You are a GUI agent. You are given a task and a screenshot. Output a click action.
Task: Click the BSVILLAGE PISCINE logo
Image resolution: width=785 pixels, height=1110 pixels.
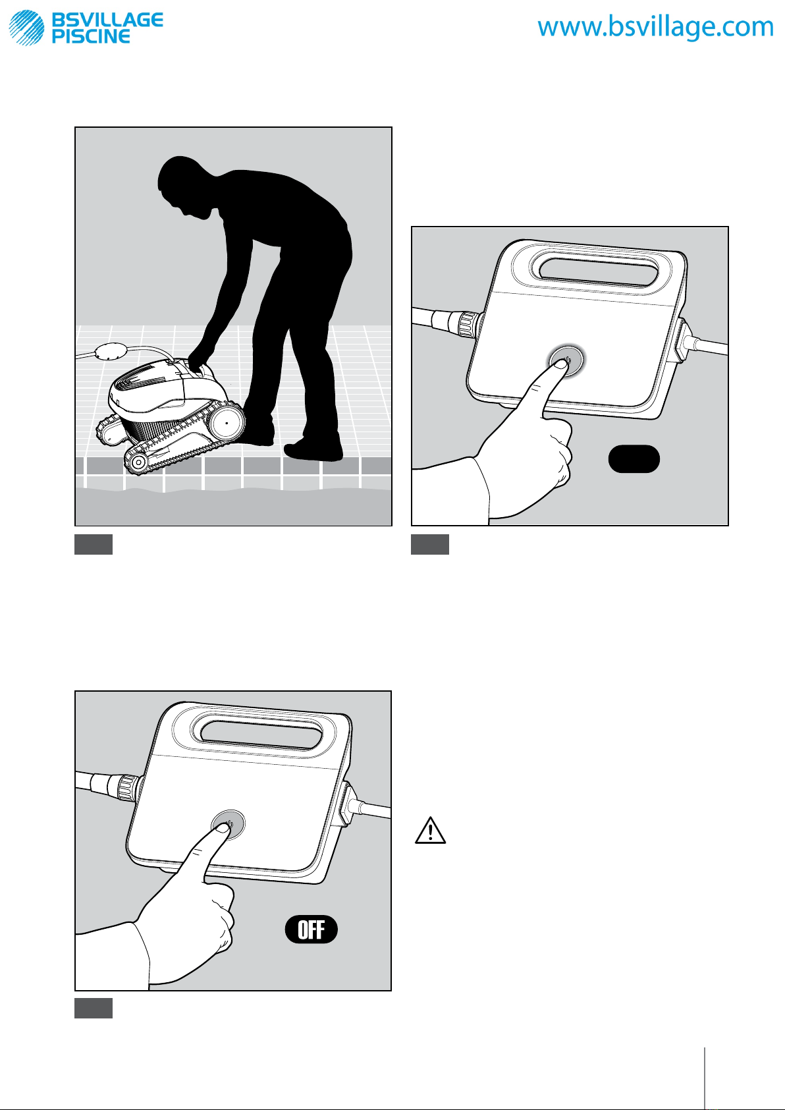[86, 27]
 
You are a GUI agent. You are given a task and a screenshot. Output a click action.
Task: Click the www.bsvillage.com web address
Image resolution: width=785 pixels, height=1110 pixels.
[655, 27]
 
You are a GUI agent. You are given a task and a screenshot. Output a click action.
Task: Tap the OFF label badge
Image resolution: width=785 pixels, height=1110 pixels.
[311, 929]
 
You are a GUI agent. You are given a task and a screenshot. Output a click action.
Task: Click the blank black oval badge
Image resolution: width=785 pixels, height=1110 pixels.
[634, 459]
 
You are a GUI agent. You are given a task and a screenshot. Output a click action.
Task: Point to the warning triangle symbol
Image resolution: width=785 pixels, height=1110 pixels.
[430, 831]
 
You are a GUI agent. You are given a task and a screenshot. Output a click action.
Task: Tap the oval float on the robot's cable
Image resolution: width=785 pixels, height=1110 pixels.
[112, 352]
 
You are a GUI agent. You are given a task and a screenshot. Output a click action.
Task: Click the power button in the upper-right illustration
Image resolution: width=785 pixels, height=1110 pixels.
[566, 360]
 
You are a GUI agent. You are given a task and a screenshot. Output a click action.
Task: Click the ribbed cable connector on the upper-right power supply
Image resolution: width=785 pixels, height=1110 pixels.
[467, 324]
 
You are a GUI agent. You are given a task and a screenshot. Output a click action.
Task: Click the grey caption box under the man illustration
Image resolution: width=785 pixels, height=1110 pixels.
[94, 544]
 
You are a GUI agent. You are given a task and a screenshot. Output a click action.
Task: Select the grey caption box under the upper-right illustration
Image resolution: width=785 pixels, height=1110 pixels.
[430, 544]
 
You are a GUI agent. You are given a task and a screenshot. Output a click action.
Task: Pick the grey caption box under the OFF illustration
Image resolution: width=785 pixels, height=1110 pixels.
[94, 1008]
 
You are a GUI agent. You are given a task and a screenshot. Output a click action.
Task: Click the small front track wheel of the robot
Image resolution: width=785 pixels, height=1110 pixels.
[138, 462]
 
